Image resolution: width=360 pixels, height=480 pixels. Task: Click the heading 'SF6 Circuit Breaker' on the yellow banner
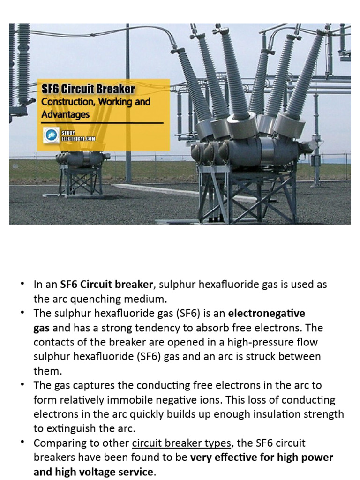[88, 89]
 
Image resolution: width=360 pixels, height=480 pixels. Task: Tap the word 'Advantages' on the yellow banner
[65, 114]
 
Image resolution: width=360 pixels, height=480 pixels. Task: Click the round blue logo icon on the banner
[49, 135]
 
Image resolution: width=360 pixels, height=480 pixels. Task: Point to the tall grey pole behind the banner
[128, 56]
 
